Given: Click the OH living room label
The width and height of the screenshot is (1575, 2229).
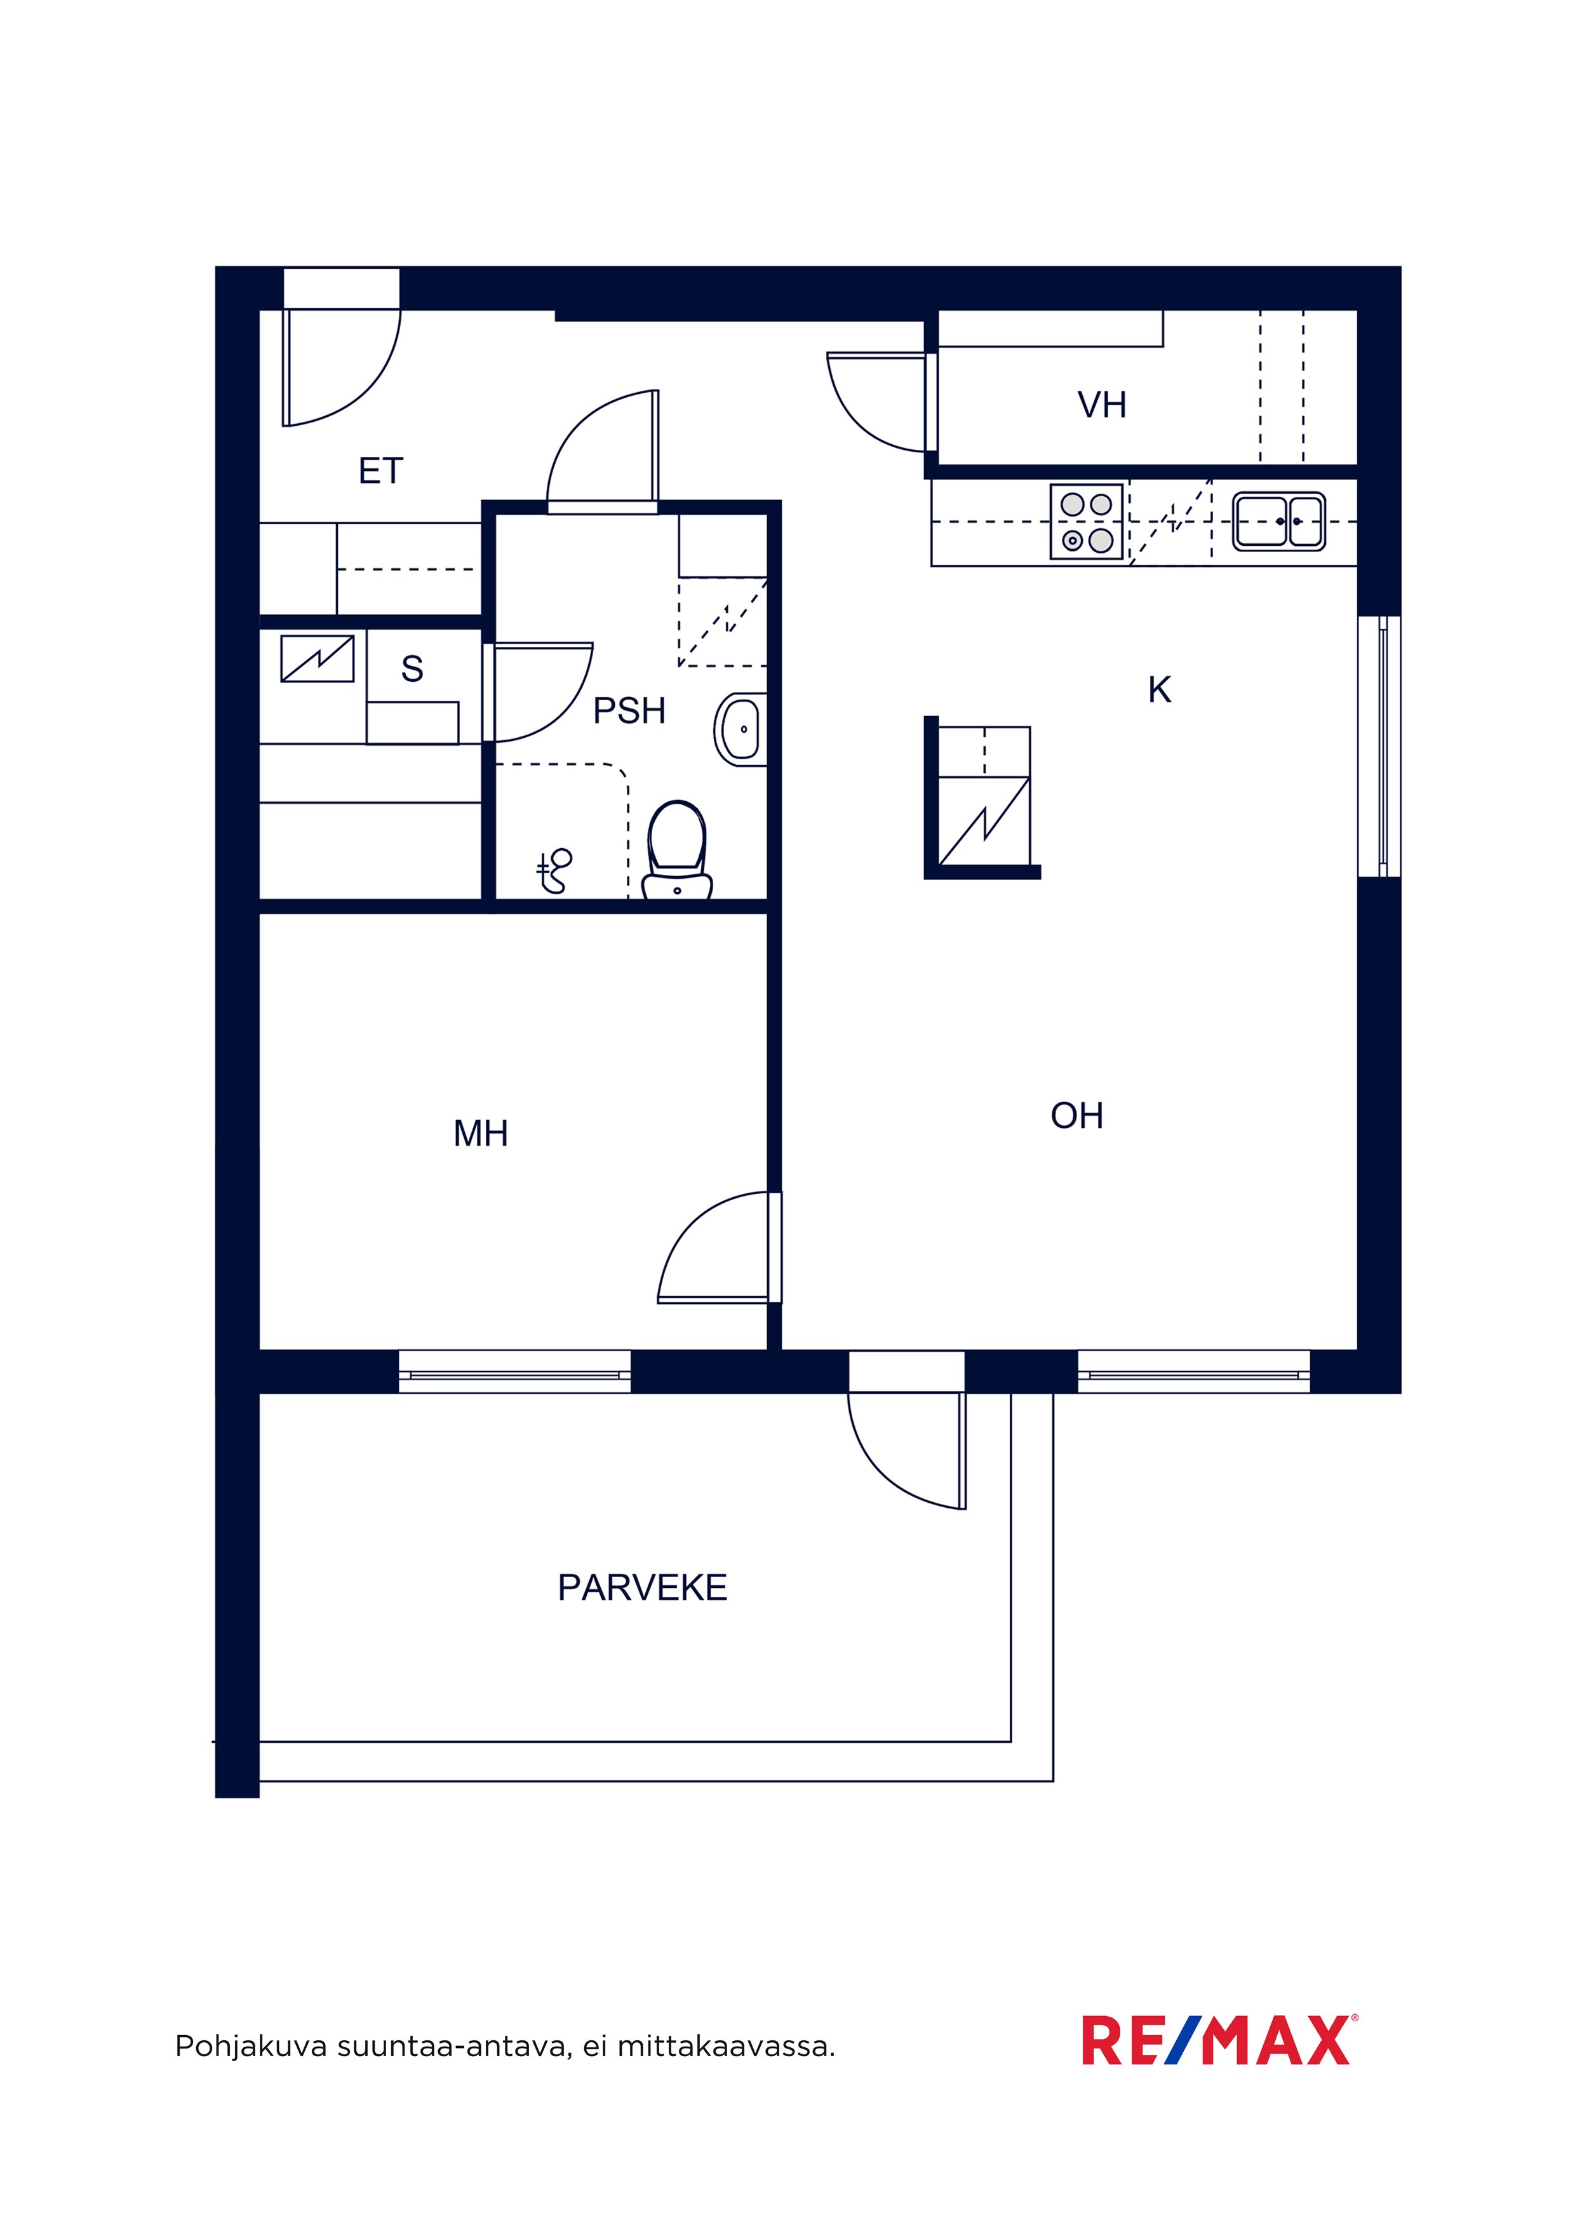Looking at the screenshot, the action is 1076,1116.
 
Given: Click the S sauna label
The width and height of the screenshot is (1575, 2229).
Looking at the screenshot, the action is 412,669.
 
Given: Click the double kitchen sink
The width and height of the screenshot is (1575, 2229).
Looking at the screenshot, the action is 1279,522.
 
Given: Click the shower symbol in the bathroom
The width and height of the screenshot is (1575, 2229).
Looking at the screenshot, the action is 555,871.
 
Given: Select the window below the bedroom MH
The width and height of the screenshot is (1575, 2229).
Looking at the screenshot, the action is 515,1372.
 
